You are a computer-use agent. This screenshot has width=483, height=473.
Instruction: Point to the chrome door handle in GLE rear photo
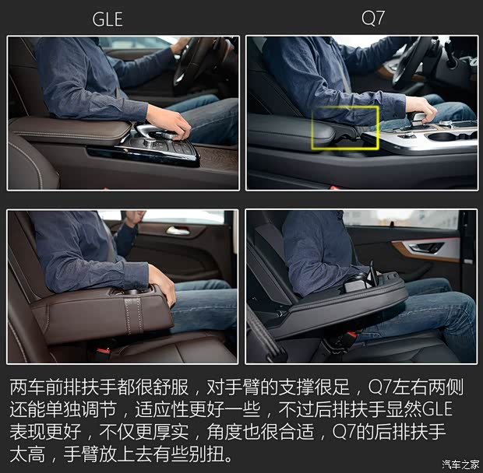[178, 231]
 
